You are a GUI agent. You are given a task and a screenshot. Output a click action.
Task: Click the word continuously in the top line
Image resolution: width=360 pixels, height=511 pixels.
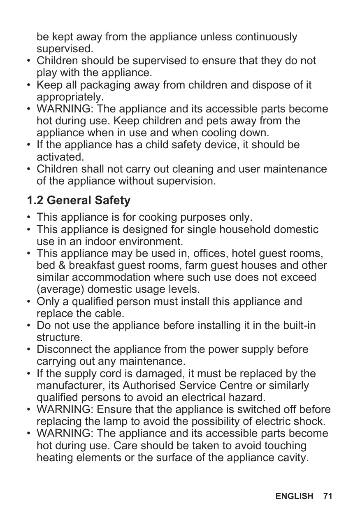click(266, 37)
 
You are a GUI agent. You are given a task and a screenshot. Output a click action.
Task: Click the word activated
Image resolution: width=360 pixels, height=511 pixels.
click(60, 157)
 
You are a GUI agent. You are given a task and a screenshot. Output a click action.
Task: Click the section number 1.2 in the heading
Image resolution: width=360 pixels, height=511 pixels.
click(35, 201)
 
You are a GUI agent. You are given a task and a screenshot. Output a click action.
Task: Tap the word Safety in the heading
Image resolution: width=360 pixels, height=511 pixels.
click(112, 201)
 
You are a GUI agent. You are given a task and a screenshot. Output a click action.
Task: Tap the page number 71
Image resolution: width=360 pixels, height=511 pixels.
click(327, 496)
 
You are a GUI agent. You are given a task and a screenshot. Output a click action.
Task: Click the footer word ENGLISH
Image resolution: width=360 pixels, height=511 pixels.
click(294, 496)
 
